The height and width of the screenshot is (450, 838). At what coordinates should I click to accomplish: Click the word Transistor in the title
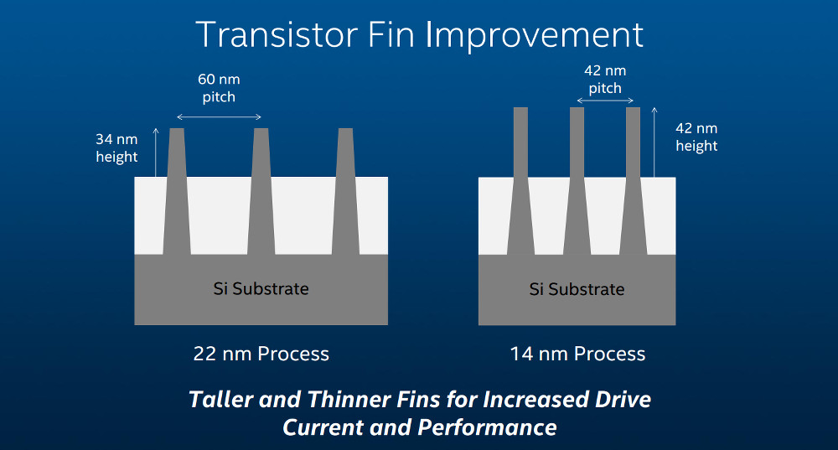click(x=277, y=35)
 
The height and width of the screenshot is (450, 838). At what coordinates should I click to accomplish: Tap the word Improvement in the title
click(x=534, y=35)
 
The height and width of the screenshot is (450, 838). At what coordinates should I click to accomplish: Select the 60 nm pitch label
click(x=219, y=88)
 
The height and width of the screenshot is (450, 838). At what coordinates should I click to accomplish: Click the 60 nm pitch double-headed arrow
click(x=219, y=117)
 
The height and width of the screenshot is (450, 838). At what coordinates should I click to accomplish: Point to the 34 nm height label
click(x=116, y=148)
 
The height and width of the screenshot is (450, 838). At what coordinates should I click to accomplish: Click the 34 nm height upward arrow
click(x=156, y=153)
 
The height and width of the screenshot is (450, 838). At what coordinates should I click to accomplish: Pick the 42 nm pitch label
click(x=605, y=80)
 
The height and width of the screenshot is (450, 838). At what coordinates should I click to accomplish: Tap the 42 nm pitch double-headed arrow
click(x=605, y=101)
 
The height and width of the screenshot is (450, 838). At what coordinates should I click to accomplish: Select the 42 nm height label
click(x=696, y=137)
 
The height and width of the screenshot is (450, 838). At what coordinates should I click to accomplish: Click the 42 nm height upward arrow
click(x=654, y=142)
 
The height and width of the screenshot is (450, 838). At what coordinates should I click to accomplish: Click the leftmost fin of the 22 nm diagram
click(x=177, y=191)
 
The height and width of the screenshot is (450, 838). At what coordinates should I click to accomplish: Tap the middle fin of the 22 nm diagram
click(x=261, y=191)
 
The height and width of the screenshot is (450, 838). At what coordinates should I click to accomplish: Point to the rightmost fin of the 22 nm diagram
click(x=346, y=191)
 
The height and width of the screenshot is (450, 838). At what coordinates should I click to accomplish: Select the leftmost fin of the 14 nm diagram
click(x=520, y=181)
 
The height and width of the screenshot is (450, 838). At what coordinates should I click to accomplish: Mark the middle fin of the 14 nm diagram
click(x=577, y=181)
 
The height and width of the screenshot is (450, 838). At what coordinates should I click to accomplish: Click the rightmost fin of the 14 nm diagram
click(x=633, y=181)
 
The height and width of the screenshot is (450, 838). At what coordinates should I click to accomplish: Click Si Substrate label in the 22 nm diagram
click(x=261, y=289)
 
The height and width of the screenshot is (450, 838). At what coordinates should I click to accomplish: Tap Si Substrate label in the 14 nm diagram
click(x=577, y=290)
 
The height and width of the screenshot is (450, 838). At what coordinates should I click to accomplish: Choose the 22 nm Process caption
click(x=261, y=354)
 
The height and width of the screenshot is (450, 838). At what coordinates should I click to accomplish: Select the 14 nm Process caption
click(x=577, y=354)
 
